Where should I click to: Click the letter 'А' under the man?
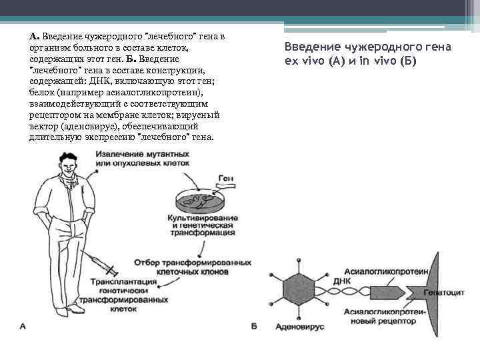(23, 326)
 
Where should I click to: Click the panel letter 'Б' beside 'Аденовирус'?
(254, 327)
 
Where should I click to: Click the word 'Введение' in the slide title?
(310, 47)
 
